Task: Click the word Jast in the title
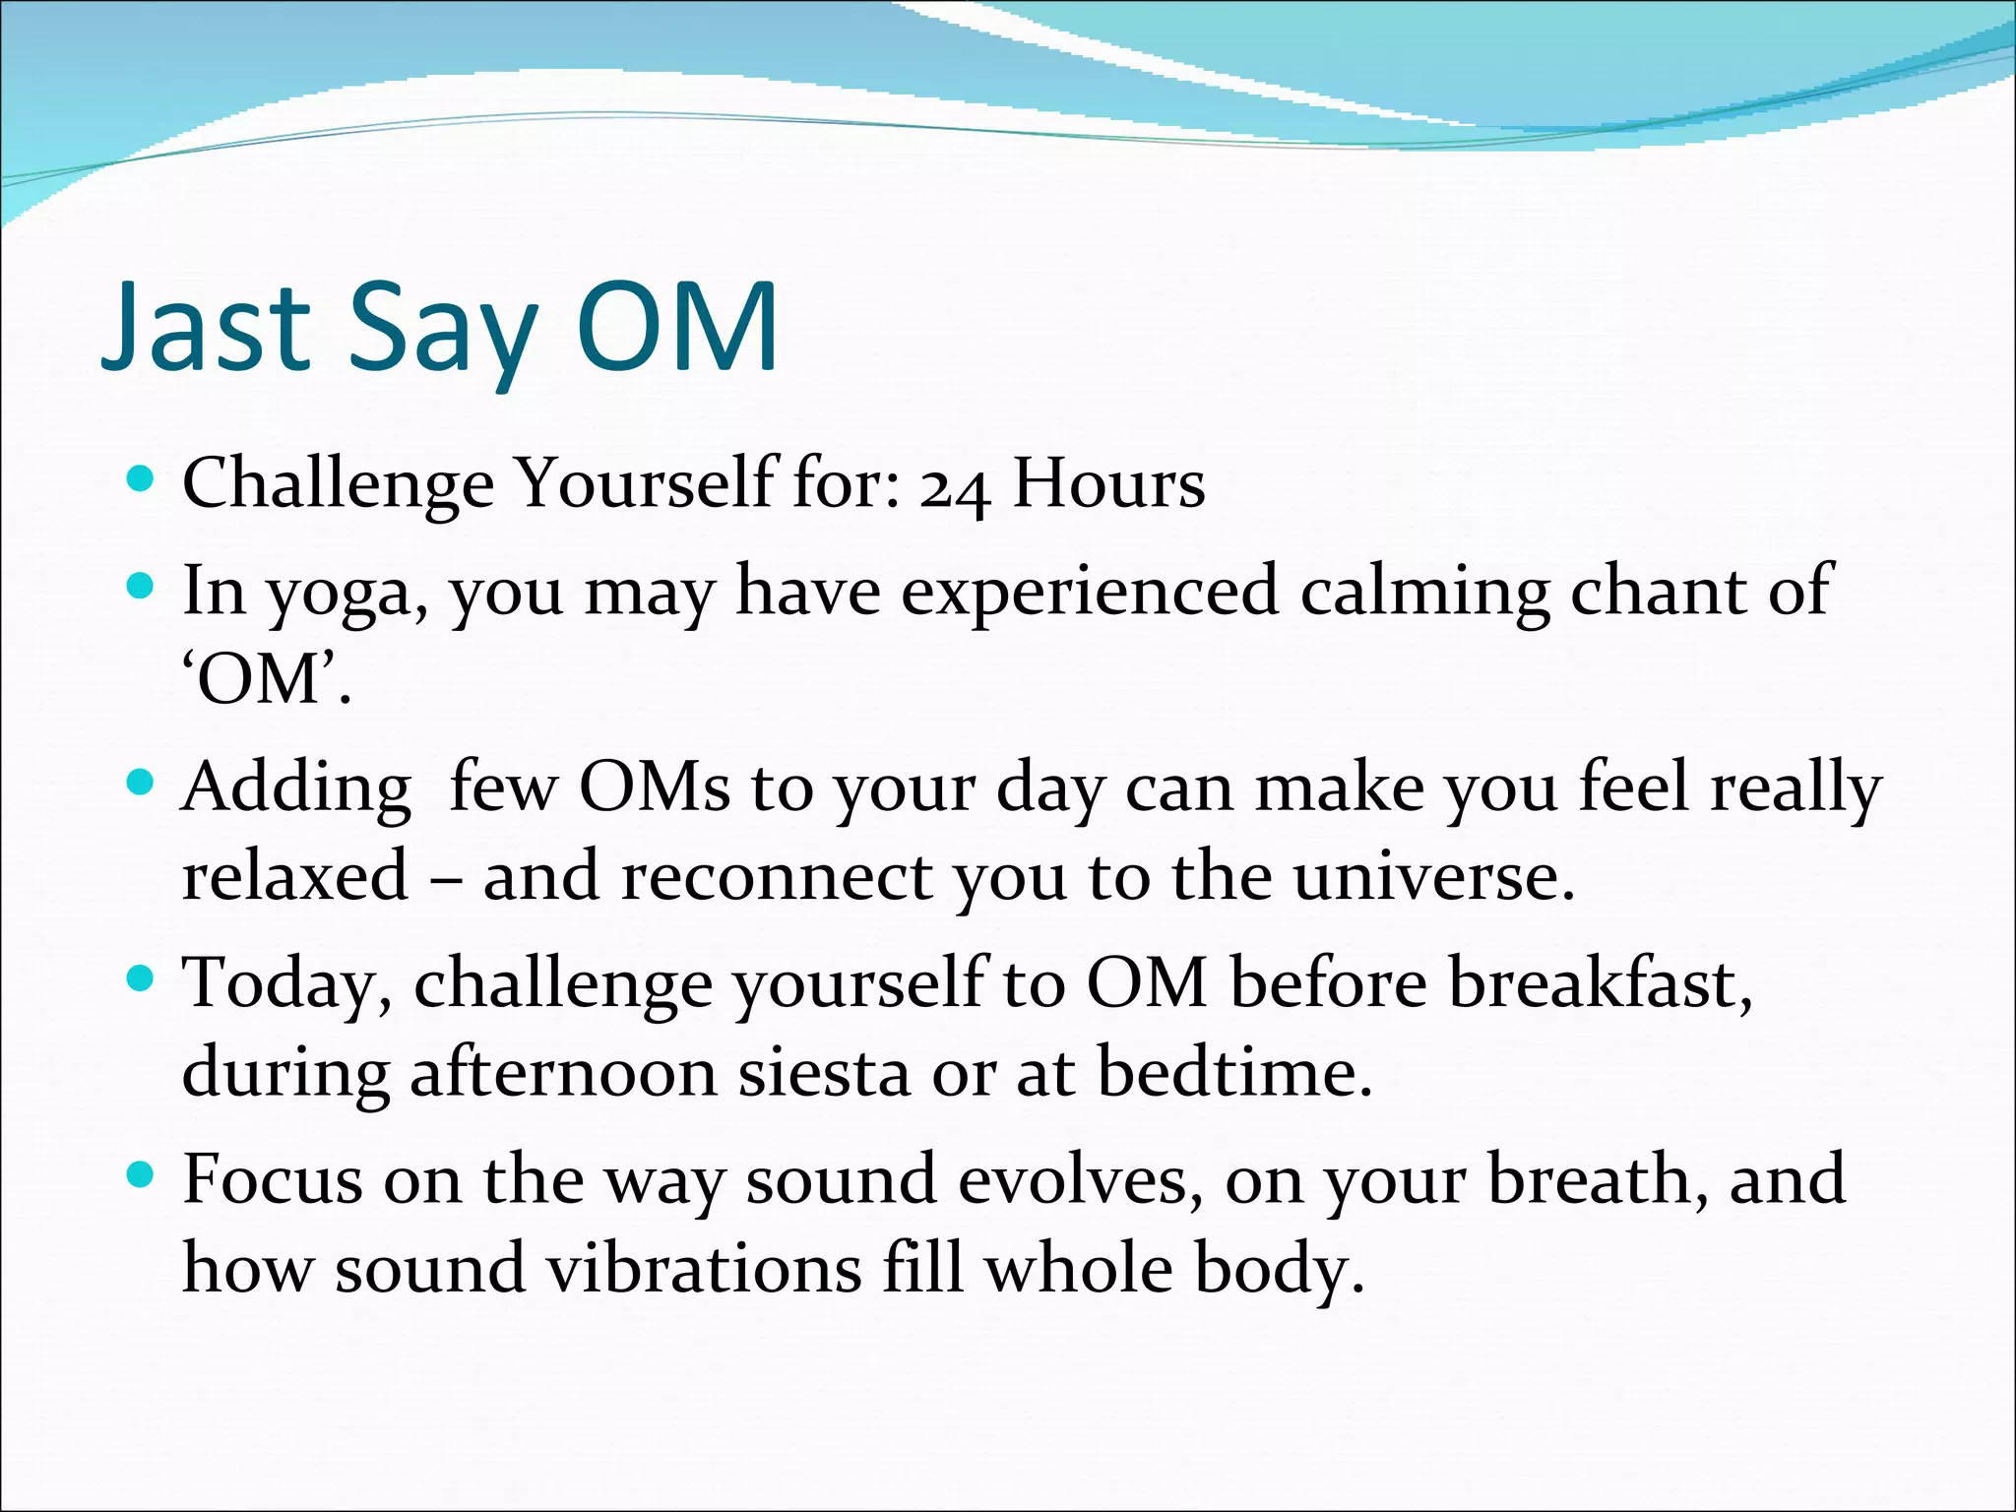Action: (x=208, y=327)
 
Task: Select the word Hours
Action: (x=1108, y=484)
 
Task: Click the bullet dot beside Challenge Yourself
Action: (x=142, y=479)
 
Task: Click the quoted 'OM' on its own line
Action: (x=266, y=680)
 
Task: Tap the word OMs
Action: (x=655, y=788)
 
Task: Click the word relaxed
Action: (x=295, y=876)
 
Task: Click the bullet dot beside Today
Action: (x=142, y=978)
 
